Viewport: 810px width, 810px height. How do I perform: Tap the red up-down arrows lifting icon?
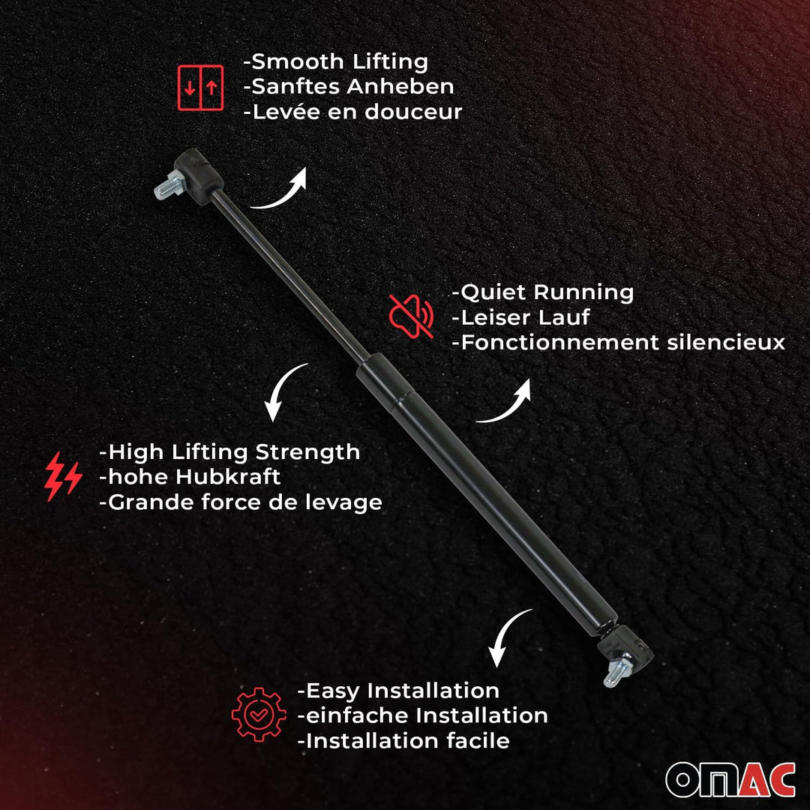[200, 88]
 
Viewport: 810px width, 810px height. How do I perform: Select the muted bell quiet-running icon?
[411, 315]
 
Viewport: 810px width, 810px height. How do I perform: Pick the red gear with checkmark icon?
[258, 715]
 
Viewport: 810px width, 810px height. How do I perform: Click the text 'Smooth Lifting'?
[335, 61]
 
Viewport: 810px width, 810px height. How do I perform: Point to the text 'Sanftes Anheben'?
[349, 86]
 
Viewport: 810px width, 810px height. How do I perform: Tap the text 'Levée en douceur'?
[352, 112]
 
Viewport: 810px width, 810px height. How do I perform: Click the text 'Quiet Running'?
[542, 292]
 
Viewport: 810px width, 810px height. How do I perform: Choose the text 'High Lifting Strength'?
[229, 452]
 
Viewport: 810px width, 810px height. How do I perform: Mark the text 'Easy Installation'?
[398, 690]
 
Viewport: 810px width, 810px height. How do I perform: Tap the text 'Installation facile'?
[403, 741]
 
